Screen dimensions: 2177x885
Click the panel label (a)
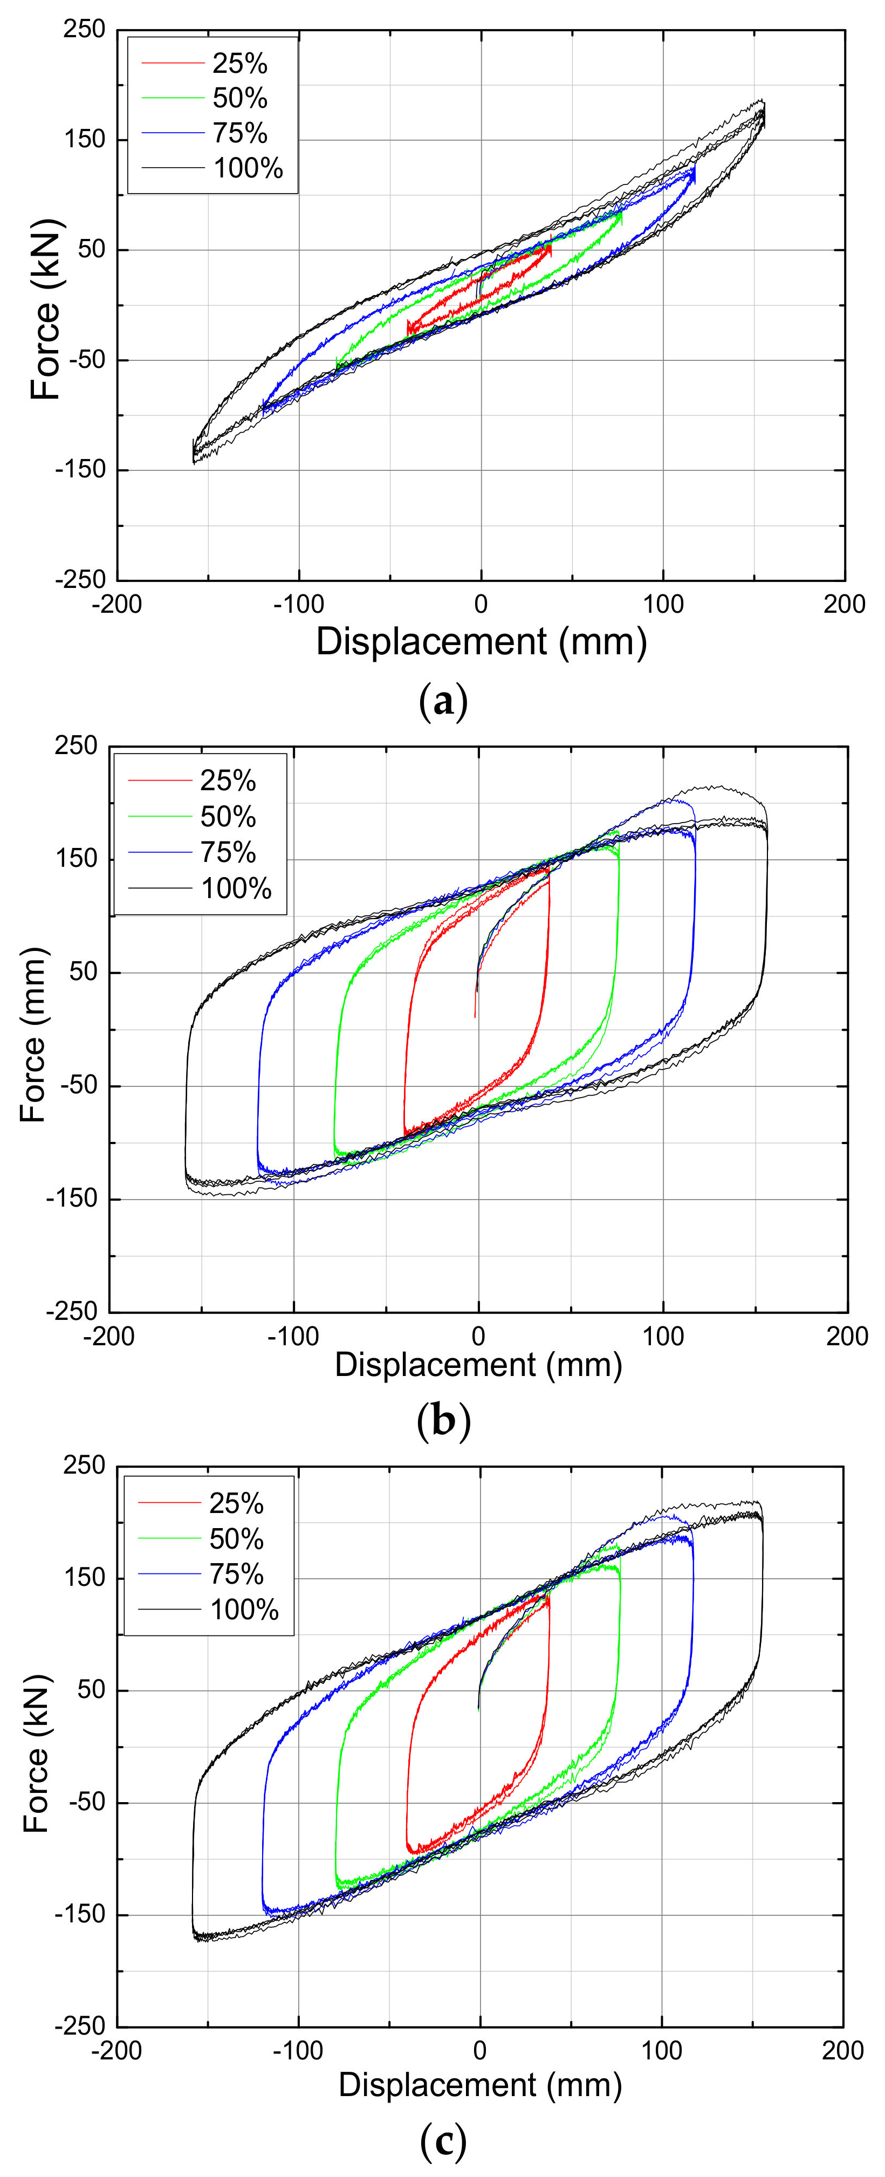click(x=443, y=702)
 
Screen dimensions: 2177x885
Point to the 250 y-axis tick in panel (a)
click(x=85, y=30)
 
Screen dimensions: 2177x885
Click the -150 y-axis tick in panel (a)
click(x=81, y=470)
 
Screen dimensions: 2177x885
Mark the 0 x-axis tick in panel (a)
click(x=481, y=604)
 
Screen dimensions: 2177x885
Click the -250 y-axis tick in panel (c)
click(x=81, y=2026)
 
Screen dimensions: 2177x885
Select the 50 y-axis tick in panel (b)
click(x=83, y=973)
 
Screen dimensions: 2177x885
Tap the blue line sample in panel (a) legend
click(x=173, y=134)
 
